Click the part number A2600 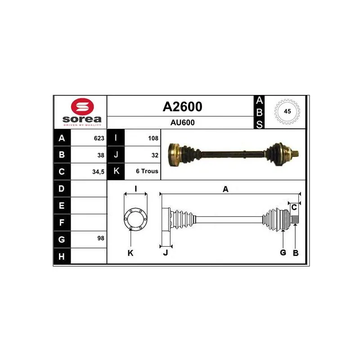click(x=182, y=107)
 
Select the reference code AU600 click(x=182, y=122)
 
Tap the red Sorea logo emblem click(x=82, y=107)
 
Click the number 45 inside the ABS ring click(x=287, y=111)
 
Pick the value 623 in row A click(x=99, y=138)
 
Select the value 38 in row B click(x=101, y=155)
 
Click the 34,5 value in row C click(x=98, y=172)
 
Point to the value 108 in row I click(x=153, y=138)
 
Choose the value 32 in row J click(x=155, y=155)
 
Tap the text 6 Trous click(x=147, y=171)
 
